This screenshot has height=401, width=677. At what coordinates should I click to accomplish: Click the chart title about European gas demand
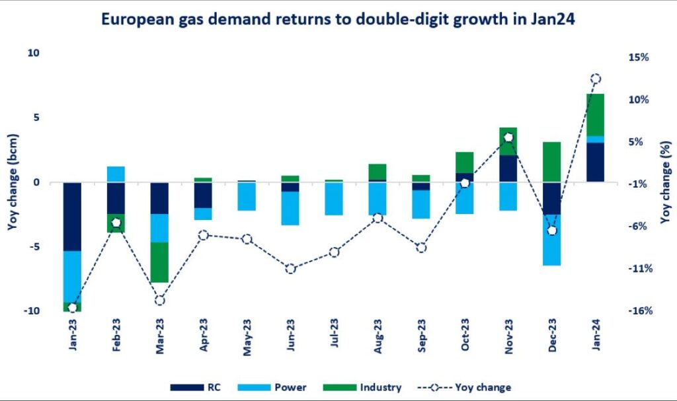point(338,19)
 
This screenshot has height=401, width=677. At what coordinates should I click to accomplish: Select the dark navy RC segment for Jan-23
point(72,216)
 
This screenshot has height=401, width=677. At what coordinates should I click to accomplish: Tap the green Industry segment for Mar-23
point(159,262)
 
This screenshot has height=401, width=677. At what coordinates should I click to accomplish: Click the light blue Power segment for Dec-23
point(551,240)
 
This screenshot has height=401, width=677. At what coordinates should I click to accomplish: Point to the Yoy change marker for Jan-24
point(595,79)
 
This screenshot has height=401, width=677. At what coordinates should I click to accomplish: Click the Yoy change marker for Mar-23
point(159,301)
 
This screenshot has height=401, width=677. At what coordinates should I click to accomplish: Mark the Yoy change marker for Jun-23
point(290,268)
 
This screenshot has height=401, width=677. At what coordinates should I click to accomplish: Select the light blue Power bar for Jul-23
point(334,198)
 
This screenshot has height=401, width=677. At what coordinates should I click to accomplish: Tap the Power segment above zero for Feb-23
point(116,174)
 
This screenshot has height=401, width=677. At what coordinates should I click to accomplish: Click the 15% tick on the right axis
point(639,57)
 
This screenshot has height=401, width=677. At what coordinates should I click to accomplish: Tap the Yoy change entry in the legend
point(483,388)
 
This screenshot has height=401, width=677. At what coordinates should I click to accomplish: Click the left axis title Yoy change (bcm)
point(14,182)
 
